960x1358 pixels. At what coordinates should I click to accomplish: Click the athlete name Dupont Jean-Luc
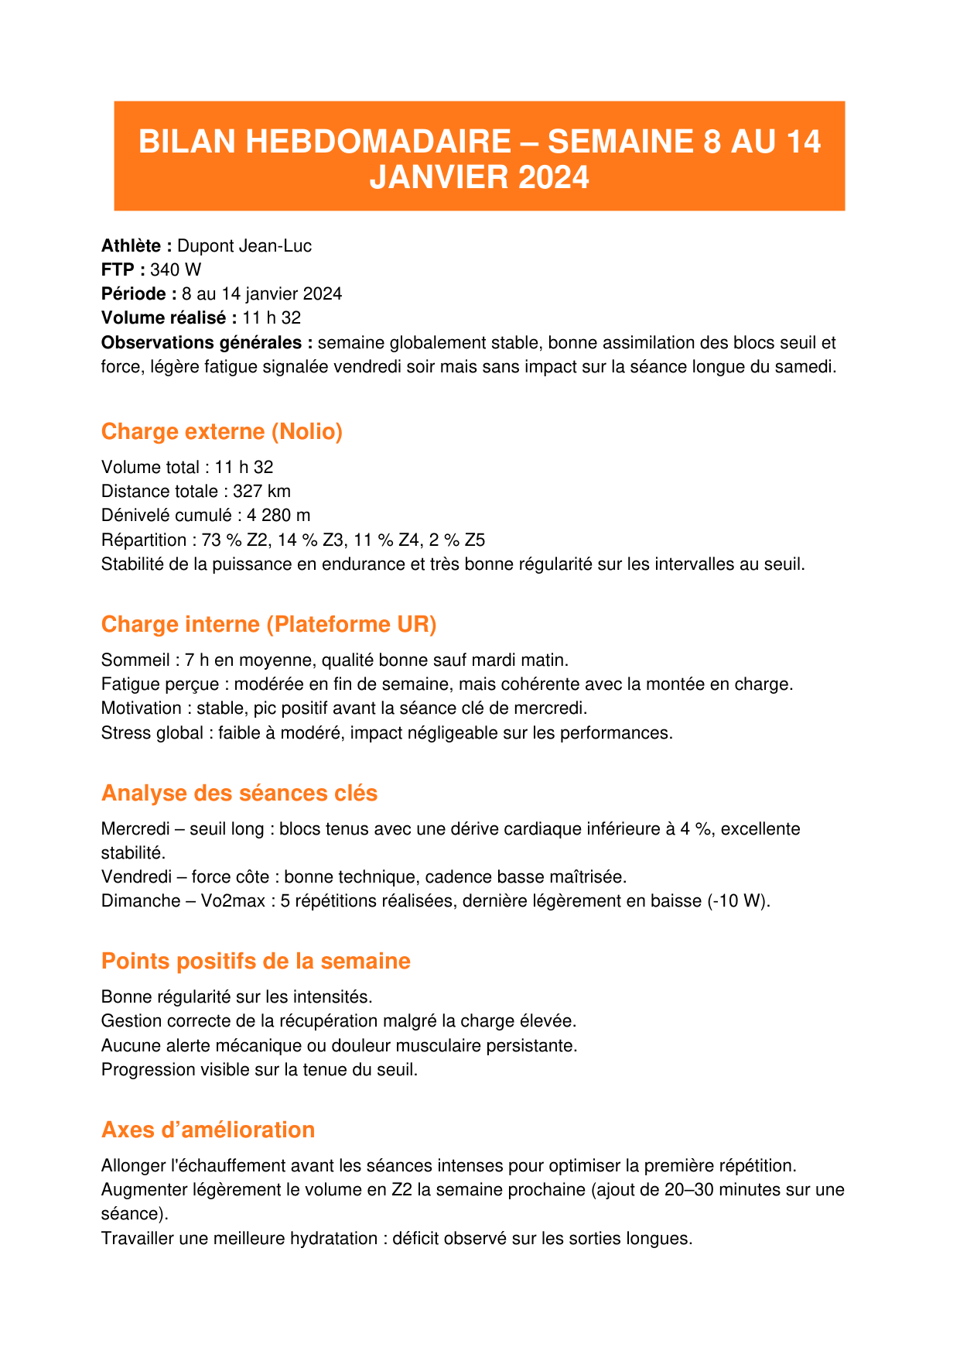(x=244, y=246)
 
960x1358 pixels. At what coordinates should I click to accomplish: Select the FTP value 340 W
(x=176, y=270)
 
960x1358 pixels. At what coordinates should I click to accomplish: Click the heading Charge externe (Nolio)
(x=222, y=431)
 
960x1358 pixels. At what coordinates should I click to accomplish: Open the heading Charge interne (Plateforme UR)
(x=268, y=624)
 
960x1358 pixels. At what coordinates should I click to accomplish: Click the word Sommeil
(x=135, y=660)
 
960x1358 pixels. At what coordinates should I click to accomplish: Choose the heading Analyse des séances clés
(x=239, y=793)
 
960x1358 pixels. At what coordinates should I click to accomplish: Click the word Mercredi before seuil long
(x=135, y=829)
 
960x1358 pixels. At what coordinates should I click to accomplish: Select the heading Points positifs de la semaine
(x=255, y=961)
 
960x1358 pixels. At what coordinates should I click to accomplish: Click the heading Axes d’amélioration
(x=207, y=1130)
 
